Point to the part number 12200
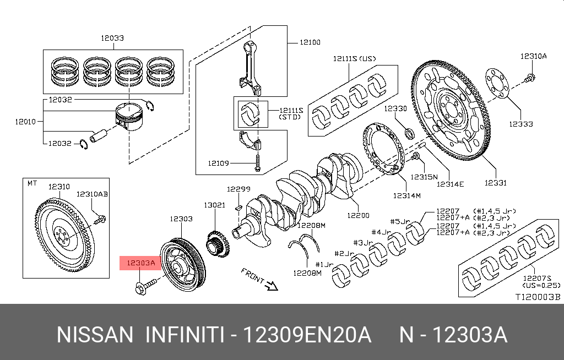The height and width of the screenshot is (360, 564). pos(358,215)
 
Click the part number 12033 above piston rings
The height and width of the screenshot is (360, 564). pos(112,38)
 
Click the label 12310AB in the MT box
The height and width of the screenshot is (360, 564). pos(92,194)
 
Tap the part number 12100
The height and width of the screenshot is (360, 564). pos(310,42)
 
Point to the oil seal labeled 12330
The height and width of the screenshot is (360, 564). pos(408,133)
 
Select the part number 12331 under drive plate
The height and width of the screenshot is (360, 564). pos(495,183)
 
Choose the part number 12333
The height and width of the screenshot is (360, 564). pos(520,124)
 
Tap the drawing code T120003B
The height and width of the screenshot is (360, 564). pos(537,297)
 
